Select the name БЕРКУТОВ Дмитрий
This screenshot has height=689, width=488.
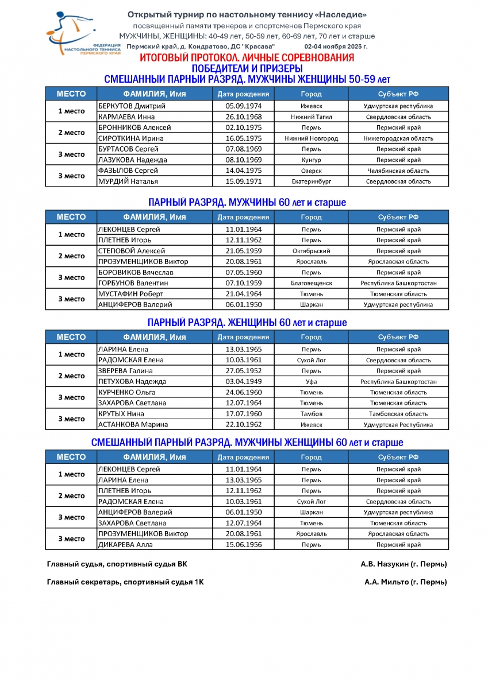tap(132, 106)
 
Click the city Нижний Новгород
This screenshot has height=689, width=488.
tap(311, 138)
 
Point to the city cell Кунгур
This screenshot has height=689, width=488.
tap(311, 160)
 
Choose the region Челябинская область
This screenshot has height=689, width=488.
tap(398, 171)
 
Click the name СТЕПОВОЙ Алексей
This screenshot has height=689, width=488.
tap(132, 251)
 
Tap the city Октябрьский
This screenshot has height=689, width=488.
tap(311, 251)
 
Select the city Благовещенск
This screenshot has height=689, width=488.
tap(311, 283)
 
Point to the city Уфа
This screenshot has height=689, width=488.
tap(311, 382)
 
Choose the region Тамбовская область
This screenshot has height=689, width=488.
tap(398, 414)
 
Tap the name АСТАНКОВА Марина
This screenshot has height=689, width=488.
tap(133, 425)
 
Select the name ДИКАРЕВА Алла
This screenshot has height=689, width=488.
tap(125, 545)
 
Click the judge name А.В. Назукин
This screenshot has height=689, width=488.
tap(404, 564)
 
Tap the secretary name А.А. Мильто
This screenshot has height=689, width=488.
tap(405, 582)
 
